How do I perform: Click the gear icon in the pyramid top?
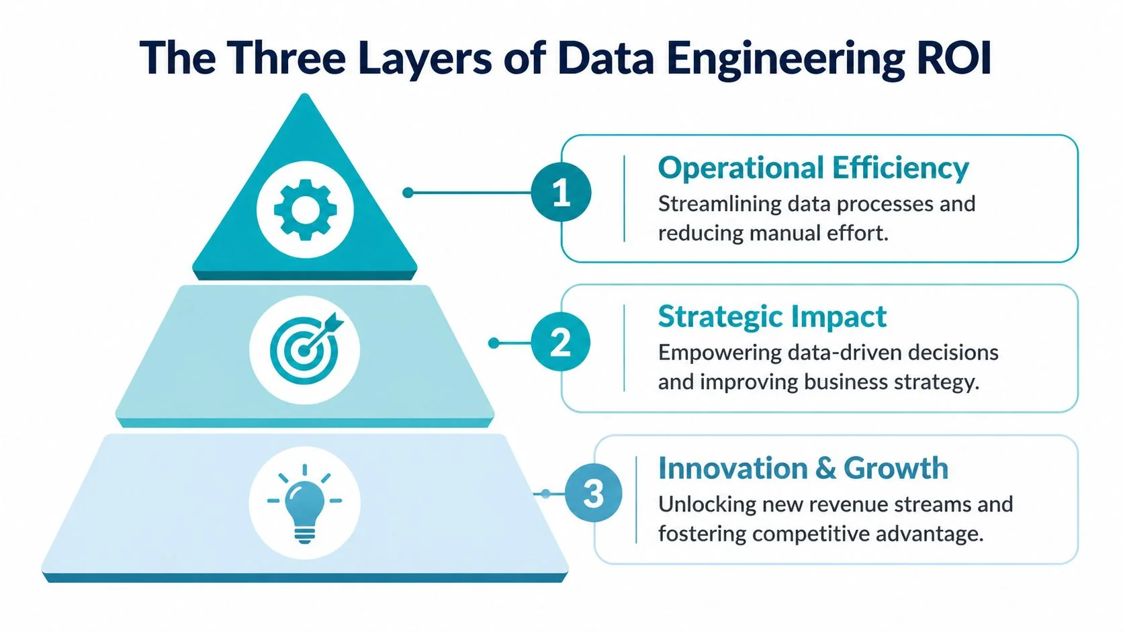(x=306, y=210)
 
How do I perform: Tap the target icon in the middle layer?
(x=304, y=350)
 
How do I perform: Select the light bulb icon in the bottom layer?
(x=304, y=503)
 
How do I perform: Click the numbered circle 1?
(x=561, y=193)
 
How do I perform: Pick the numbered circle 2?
(x=561, y=343)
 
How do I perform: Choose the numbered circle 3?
(x=593, y=494)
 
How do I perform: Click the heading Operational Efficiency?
(x=813, y=168)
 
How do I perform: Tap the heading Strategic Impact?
(x=772, y=317)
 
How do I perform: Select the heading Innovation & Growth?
(x=803, y=468)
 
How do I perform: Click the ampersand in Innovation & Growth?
(x=826, y=469)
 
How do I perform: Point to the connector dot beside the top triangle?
(x=408, y=193)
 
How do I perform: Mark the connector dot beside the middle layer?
(x=494, y=343)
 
